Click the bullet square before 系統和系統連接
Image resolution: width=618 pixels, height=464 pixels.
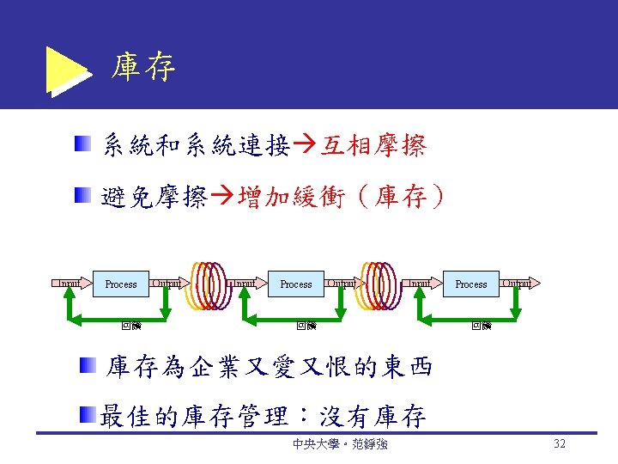tap(81, 143)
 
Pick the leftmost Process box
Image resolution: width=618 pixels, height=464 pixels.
tap(121, 284)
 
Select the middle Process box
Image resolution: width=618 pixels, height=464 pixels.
tap(296, 284)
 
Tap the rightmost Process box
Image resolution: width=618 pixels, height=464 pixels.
tap(470, 284)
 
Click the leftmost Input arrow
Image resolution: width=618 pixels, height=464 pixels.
tap(68, 283)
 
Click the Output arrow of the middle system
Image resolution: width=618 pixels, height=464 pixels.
tap(342, 283)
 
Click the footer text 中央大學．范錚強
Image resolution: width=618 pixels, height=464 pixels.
tap(339, 445)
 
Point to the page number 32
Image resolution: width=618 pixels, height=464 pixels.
tap(560, 444)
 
